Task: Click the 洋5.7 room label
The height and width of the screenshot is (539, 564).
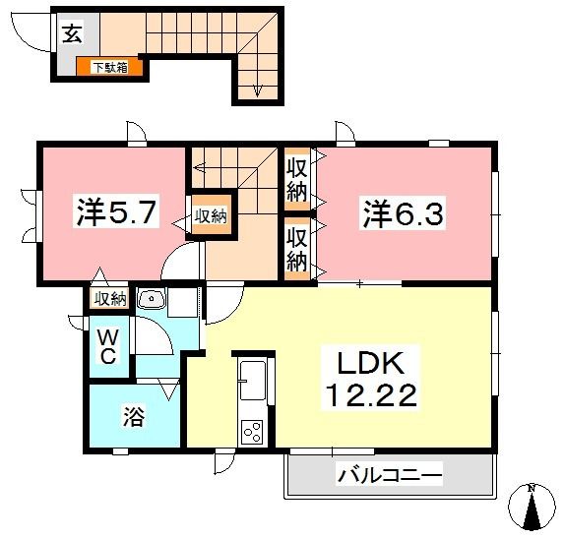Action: click(x=116, y=211)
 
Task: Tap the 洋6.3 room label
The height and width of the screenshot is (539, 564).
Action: click(x=403, y=213)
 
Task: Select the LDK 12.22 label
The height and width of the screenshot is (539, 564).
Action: click(x=370, y=379)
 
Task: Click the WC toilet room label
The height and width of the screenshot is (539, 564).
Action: click(x=108, y=347)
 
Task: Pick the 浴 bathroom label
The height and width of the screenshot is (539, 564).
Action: click(x=134, y=416)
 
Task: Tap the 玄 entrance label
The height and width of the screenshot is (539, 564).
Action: click(x=72, y=33)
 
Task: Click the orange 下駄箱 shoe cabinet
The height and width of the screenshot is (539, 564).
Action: click(x=109, y=67)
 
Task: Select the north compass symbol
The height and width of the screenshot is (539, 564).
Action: click(x=532, y=508)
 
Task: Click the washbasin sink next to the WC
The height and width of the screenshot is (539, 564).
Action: click(x=152, y=299)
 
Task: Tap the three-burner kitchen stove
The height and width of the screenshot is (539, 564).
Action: click(x=252, y=432)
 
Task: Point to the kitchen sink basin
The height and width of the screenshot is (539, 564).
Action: click(x=253, y=381)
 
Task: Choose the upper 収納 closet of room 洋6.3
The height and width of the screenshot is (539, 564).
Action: click(x=297, y=179)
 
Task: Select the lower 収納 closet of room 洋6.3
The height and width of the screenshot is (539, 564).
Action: click(x=297, y=249)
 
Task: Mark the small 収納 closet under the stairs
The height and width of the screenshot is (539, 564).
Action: click(x=211, y=215)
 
